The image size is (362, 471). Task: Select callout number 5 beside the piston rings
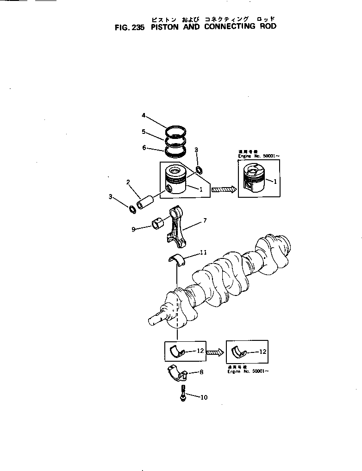pos(144,132)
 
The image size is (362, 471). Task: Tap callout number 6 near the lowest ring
pos(144,148)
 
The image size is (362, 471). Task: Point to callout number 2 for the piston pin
pos(128,182)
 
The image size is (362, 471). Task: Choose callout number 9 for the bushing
pos(133,229)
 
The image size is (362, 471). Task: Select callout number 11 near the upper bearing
pos(203,252)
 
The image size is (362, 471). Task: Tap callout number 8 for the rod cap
pos(201,371)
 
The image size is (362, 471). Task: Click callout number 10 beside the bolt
pos(204,397)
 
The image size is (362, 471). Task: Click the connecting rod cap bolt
pos(184,393)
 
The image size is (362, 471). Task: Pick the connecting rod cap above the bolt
pos(177,373)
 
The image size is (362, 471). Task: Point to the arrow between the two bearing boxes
pos(214,352)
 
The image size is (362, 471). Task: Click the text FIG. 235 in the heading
pos(130,27)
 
